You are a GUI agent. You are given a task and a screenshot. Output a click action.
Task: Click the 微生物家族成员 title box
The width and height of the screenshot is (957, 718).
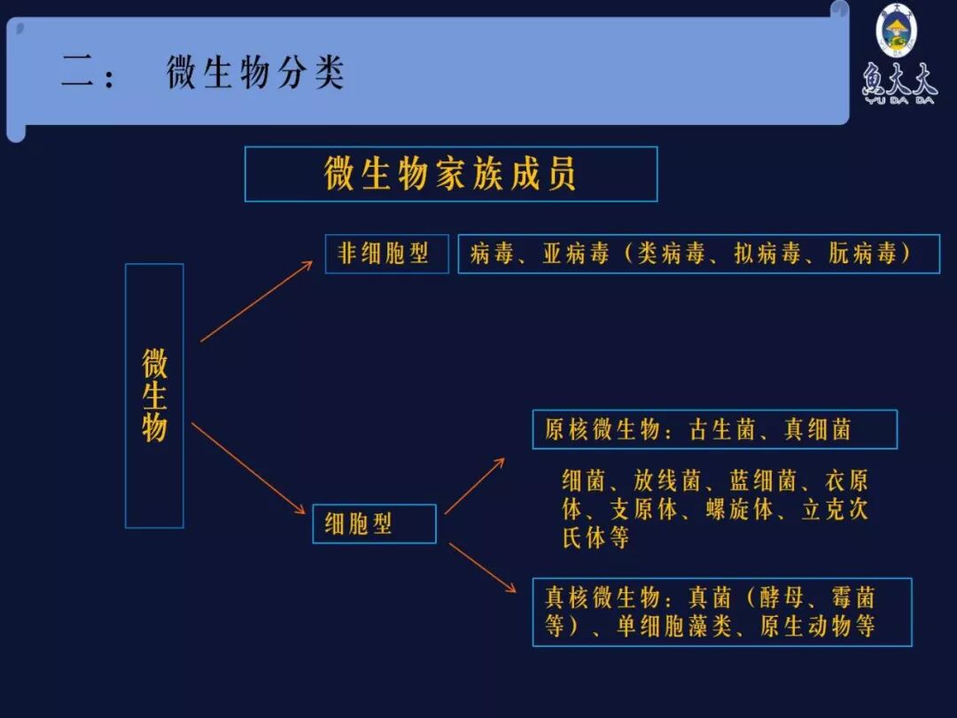[x=450, y=174]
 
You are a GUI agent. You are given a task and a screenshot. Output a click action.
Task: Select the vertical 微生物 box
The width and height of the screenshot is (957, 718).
[x=154, y=395]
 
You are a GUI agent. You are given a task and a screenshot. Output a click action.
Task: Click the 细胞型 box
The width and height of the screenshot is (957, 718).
[x=374, y=524]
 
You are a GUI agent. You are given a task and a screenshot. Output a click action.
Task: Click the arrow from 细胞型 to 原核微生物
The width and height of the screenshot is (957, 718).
[x=474, y=486]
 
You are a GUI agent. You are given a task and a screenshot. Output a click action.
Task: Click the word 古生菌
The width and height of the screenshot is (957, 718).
[x=721, y=430]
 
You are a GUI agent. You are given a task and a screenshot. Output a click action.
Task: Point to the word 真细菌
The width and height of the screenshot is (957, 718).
[x=817, y=430]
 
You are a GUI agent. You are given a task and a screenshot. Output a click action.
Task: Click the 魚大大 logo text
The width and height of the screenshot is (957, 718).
[x=898, y=82]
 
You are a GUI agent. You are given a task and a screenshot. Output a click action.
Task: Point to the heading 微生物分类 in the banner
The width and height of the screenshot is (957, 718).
[x=255, y=73]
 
